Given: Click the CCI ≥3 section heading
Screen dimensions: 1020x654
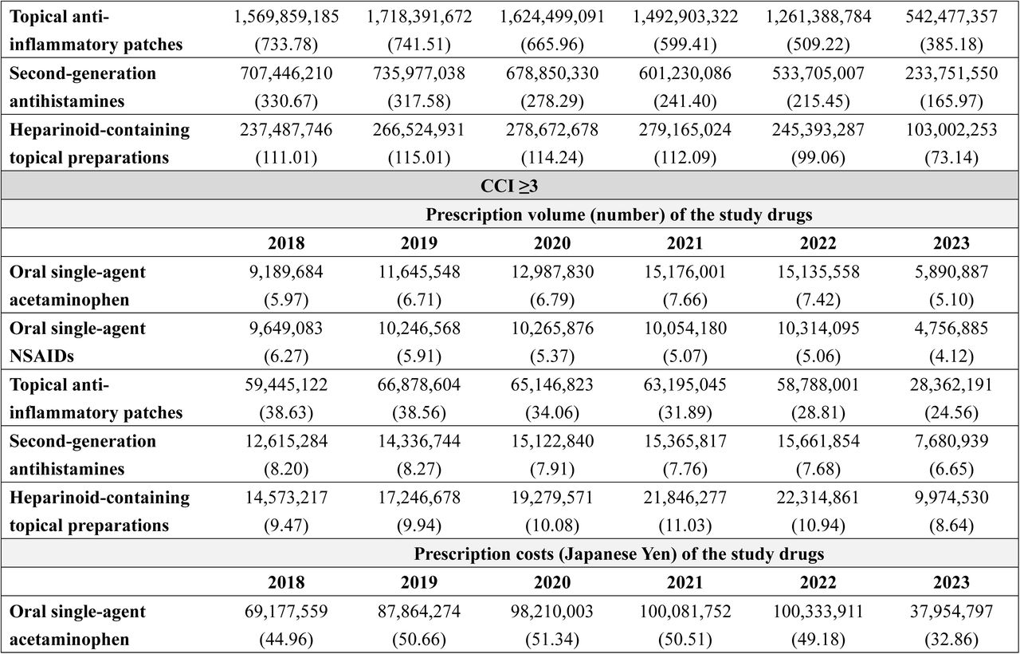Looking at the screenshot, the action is tap(509, 186).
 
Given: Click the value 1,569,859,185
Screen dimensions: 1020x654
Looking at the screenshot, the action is tap(286, 17).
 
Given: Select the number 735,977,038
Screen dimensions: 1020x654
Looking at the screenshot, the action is tap(419, 73).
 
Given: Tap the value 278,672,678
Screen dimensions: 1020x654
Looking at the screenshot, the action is tap(552, 130).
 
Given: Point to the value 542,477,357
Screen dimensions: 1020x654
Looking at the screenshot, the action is tap(951, 17).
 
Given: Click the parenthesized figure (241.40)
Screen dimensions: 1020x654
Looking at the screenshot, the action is tap(685, 101).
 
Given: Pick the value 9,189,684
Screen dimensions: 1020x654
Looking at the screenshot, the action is tap(286, 272).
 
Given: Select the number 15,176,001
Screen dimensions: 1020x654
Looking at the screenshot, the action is tap(685, 272).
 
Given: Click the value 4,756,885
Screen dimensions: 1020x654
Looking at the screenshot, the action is tap(951, 329).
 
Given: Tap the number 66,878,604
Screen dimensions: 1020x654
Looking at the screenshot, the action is tap(419, 385).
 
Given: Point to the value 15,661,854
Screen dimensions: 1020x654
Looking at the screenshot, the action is tap(818, 442).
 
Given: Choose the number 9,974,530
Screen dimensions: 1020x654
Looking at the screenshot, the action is tap(951, 498).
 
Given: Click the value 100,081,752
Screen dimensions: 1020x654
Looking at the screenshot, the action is tap(685, 612).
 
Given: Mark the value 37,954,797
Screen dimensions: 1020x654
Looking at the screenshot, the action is tap(951, 612).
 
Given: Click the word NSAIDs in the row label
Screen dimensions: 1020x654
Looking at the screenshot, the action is tap(41, 356).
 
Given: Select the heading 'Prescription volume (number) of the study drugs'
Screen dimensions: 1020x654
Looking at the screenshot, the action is tap(619, 215).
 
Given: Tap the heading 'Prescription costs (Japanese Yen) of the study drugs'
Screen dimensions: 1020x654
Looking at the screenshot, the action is tap(619, 554).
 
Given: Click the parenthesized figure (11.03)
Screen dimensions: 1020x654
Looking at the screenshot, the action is tap(685, 526).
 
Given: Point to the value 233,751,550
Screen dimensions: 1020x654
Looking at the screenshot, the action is tap(951, 73).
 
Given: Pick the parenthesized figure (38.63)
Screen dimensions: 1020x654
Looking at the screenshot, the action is tap(286, 413).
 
